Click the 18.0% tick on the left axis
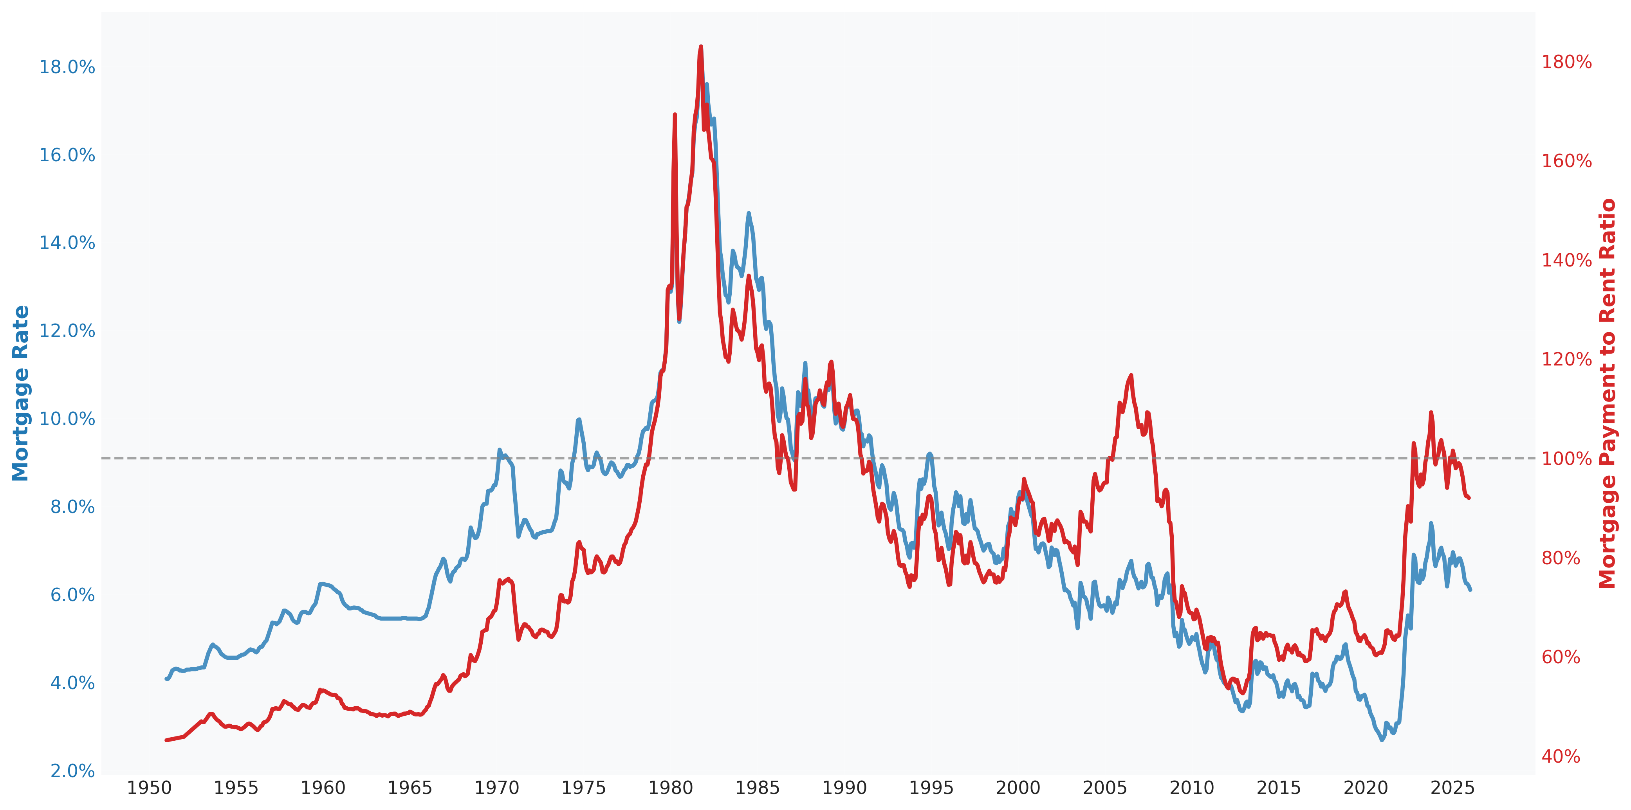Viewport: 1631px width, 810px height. (67, 67)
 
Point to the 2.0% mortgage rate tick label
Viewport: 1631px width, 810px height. (72, 771)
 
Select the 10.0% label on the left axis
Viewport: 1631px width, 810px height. (67, 419)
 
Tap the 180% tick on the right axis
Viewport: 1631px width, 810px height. (1566, 62)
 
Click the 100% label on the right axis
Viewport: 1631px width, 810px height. (1566, 459)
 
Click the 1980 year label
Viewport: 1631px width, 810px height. (671, 788)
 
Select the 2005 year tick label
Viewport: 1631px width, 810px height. (1105, 788)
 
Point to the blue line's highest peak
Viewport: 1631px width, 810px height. (707, 84)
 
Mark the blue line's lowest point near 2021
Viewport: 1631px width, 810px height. (1382, 740)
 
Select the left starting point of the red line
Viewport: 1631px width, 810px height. (166, 740)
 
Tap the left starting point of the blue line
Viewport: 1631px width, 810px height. (166, 679)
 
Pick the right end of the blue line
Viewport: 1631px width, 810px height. (1470, 590)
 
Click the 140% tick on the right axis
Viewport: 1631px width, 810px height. (1566, 260)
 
